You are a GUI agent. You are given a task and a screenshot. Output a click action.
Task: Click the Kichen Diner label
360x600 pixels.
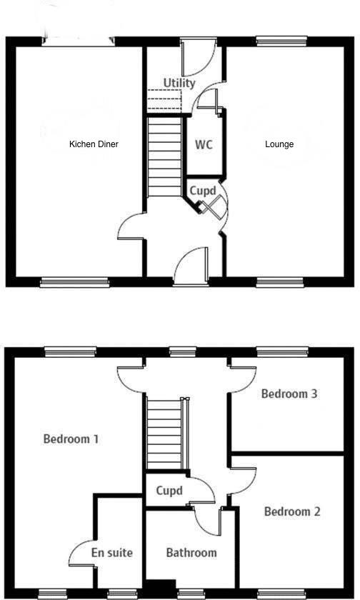click(94, 144)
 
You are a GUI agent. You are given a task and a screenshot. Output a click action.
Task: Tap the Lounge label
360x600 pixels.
click(279, 144)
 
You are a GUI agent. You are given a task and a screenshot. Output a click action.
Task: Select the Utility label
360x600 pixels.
click(179, 83)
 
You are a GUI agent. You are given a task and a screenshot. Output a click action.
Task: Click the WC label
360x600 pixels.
click(204, 144)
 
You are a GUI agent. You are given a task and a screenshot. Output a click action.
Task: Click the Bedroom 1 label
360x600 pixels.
click(71, 439)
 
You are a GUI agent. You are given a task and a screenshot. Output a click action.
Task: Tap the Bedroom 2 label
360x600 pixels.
click(292, 511)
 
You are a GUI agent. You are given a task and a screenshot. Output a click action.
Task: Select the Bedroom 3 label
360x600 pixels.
click(289, 394)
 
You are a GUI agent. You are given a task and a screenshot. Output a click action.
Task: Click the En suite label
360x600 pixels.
click(112, 553)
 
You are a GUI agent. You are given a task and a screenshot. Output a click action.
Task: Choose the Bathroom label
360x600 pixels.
click(191, 553)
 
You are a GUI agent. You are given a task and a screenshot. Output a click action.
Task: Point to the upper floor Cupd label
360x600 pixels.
click(169, 491)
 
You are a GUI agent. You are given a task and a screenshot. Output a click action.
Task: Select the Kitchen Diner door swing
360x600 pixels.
click(131, 229)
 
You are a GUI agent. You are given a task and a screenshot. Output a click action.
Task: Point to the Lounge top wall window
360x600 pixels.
click(277, 41)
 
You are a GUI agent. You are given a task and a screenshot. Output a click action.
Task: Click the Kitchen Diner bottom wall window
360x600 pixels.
click(74, 282)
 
